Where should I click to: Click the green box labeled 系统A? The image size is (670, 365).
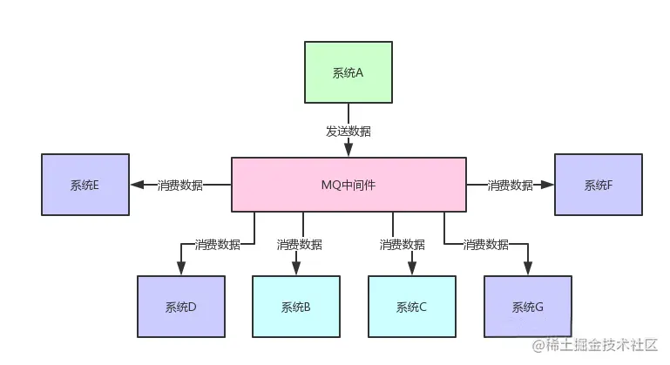pos(348,72)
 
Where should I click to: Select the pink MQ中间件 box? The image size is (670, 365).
pos(348,185)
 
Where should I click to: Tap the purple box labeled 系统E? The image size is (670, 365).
pos(85,185)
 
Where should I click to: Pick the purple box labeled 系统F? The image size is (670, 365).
pos(598,185)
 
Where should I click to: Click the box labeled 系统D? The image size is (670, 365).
pos(180,307)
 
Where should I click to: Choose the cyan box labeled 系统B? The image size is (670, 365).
pos(295,307)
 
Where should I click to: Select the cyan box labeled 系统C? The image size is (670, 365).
pos(411,307)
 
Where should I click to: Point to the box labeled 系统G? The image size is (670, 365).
pos(527,307)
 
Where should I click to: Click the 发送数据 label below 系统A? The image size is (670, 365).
pos(348,132)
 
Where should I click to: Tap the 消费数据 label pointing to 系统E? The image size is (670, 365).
pos(180,185)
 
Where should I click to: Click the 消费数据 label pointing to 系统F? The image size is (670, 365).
pos(510,185)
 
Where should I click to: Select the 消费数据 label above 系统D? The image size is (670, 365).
pos(217,244)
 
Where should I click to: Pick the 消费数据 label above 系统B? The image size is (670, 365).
pos(299,244)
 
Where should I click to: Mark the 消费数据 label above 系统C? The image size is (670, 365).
pos(403,244)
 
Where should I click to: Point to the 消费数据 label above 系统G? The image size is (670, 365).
pos(485,244)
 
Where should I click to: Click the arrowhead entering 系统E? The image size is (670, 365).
pos(136,185)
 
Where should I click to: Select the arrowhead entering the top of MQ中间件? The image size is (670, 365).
pos(348,152)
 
